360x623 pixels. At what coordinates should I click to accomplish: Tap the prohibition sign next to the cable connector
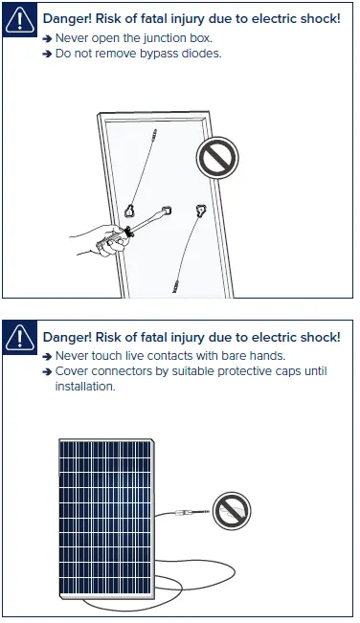pos(230,509)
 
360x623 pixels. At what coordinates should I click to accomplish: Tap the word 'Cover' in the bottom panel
pos(73,371)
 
